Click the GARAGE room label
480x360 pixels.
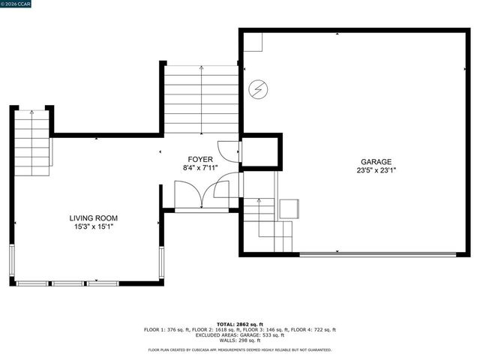[376, 161]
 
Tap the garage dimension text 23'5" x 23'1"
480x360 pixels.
[376, 170]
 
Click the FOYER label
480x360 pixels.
[200, 159]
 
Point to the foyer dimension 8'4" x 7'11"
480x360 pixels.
[200, 168]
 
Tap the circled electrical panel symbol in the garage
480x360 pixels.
[257, 90]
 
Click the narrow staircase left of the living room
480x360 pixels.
[31, 142]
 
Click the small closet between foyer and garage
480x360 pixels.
[260, 152]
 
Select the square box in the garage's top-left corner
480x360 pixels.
[253, 42]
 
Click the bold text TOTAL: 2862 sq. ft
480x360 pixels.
[239, 324]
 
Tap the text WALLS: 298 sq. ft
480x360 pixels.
[239, 340]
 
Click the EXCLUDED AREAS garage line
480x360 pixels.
[239, 334]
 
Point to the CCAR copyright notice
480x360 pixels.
[16, 4]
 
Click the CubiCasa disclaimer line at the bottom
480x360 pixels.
[239, 349]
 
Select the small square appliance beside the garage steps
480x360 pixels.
[289, 208]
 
